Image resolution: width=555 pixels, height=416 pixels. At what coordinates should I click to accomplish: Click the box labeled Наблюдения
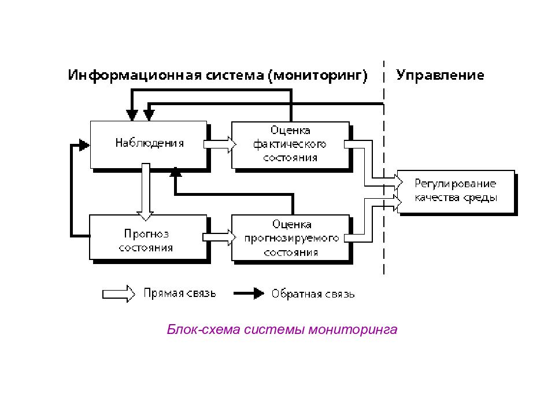coord(149,144)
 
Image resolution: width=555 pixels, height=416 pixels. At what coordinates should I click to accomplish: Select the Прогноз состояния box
coord(148,237)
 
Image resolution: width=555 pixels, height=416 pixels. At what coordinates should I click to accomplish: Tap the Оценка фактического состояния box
coord(290,145)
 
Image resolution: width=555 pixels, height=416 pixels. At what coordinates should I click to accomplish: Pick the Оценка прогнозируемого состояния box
coord(291,237)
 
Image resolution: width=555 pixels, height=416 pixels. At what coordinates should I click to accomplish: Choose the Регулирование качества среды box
coord(456,191)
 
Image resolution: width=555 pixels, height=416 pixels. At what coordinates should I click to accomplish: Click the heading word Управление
coord(440,75)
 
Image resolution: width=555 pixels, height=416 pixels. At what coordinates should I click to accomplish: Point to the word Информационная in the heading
coord(135,76)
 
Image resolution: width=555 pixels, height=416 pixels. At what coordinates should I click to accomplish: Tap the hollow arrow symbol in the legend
coord(119,294)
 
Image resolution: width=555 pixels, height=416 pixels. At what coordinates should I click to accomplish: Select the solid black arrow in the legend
coord(249,294)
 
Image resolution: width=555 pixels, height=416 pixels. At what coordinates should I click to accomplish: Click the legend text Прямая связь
coord(180,294)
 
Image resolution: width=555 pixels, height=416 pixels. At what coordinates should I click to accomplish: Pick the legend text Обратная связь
coord(313,294)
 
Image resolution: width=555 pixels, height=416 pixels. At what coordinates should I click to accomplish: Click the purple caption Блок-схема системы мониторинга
coord(282,329)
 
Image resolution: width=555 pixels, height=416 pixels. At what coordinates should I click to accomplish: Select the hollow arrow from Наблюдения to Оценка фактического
coord(220,144)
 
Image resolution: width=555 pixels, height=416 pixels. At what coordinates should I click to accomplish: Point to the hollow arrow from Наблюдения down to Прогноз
coord(146,192)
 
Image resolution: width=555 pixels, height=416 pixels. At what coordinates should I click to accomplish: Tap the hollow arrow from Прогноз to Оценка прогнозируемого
coord(219,237)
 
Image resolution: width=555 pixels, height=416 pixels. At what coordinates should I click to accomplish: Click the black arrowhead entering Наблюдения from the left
coord(84,144)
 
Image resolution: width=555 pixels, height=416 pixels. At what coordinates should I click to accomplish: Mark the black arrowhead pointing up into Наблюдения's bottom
coord(176,172)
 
